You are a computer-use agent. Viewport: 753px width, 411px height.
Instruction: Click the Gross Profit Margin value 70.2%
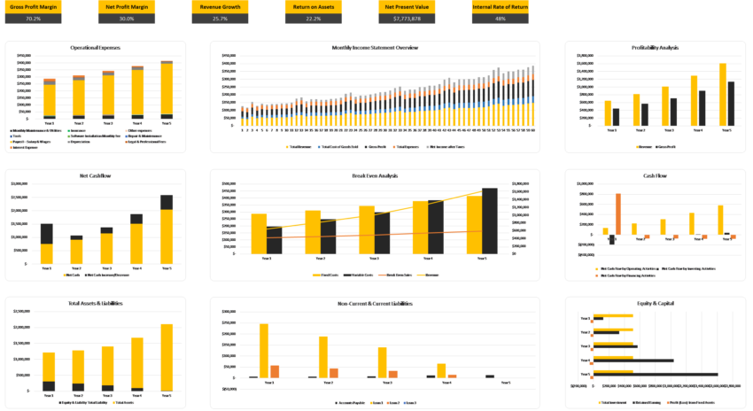[33, 18]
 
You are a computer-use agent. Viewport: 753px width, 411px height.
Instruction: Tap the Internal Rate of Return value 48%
[501, 18]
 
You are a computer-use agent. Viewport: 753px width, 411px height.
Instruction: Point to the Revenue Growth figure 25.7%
[215, 18]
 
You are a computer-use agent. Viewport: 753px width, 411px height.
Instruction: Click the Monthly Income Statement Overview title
[376, 47]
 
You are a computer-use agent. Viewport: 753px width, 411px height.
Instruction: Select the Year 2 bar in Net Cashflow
[78, 252]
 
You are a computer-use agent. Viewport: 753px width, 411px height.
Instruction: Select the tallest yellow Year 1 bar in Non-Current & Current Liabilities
[263, 351]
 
